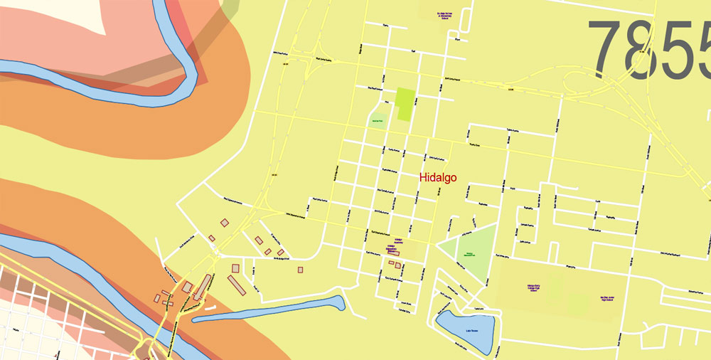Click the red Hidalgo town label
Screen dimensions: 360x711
click(438, 178)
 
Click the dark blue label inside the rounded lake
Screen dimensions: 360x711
click(470, 331)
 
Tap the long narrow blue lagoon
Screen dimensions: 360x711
click(270, 310)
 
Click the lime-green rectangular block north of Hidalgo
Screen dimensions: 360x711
click(405, 104)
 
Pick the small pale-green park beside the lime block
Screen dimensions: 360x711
click(378, 120)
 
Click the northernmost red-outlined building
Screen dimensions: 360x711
click(225, 223)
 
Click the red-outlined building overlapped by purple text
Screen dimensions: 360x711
click(393, 251)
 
